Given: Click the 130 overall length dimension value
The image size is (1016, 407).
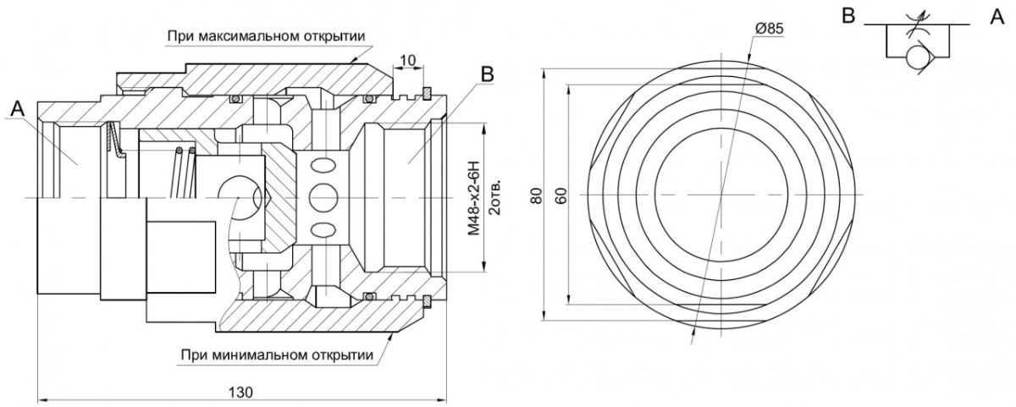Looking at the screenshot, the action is [x=240, y=393].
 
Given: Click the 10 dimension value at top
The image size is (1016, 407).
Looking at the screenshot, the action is [x=408, y=61].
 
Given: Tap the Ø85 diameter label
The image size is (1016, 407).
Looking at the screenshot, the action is [x=770, y=29].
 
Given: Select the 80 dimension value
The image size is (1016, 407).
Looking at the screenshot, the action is [x=537, y=195].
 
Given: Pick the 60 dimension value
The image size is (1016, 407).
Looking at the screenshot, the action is [x=561, y=195].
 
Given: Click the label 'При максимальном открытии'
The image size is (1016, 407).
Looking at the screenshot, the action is [x=266, y=36].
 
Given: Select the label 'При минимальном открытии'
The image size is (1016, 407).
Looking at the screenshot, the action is [x=277, y=355].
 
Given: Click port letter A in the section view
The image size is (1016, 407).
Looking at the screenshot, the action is [x=17, y=109].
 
